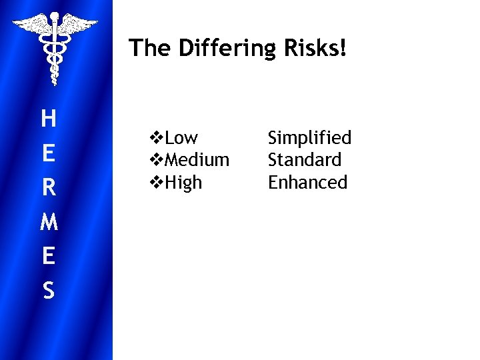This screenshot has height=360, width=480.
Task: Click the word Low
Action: (181, 138)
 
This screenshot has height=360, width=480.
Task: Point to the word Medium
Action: (197, 160)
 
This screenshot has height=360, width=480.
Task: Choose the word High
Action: (183, 182)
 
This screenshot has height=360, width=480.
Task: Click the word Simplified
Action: (309, 138)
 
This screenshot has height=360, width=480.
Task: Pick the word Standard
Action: (304, 160)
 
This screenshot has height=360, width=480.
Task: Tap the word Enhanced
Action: (307, 182)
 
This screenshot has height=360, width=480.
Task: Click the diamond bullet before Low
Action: (157, 138)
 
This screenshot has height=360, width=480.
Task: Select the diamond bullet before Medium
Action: (157, 160)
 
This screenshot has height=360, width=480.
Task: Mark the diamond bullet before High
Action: (157, 182)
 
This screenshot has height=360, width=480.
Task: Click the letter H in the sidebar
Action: (48, 120)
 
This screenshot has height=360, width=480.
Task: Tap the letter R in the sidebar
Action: (48, 189)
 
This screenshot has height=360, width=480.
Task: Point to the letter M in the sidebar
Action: (48, 223)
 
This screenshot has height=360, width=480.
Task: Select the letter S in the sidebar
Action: (48, 291)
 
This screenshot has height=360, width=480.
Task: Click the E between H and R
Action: (48, 154)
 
